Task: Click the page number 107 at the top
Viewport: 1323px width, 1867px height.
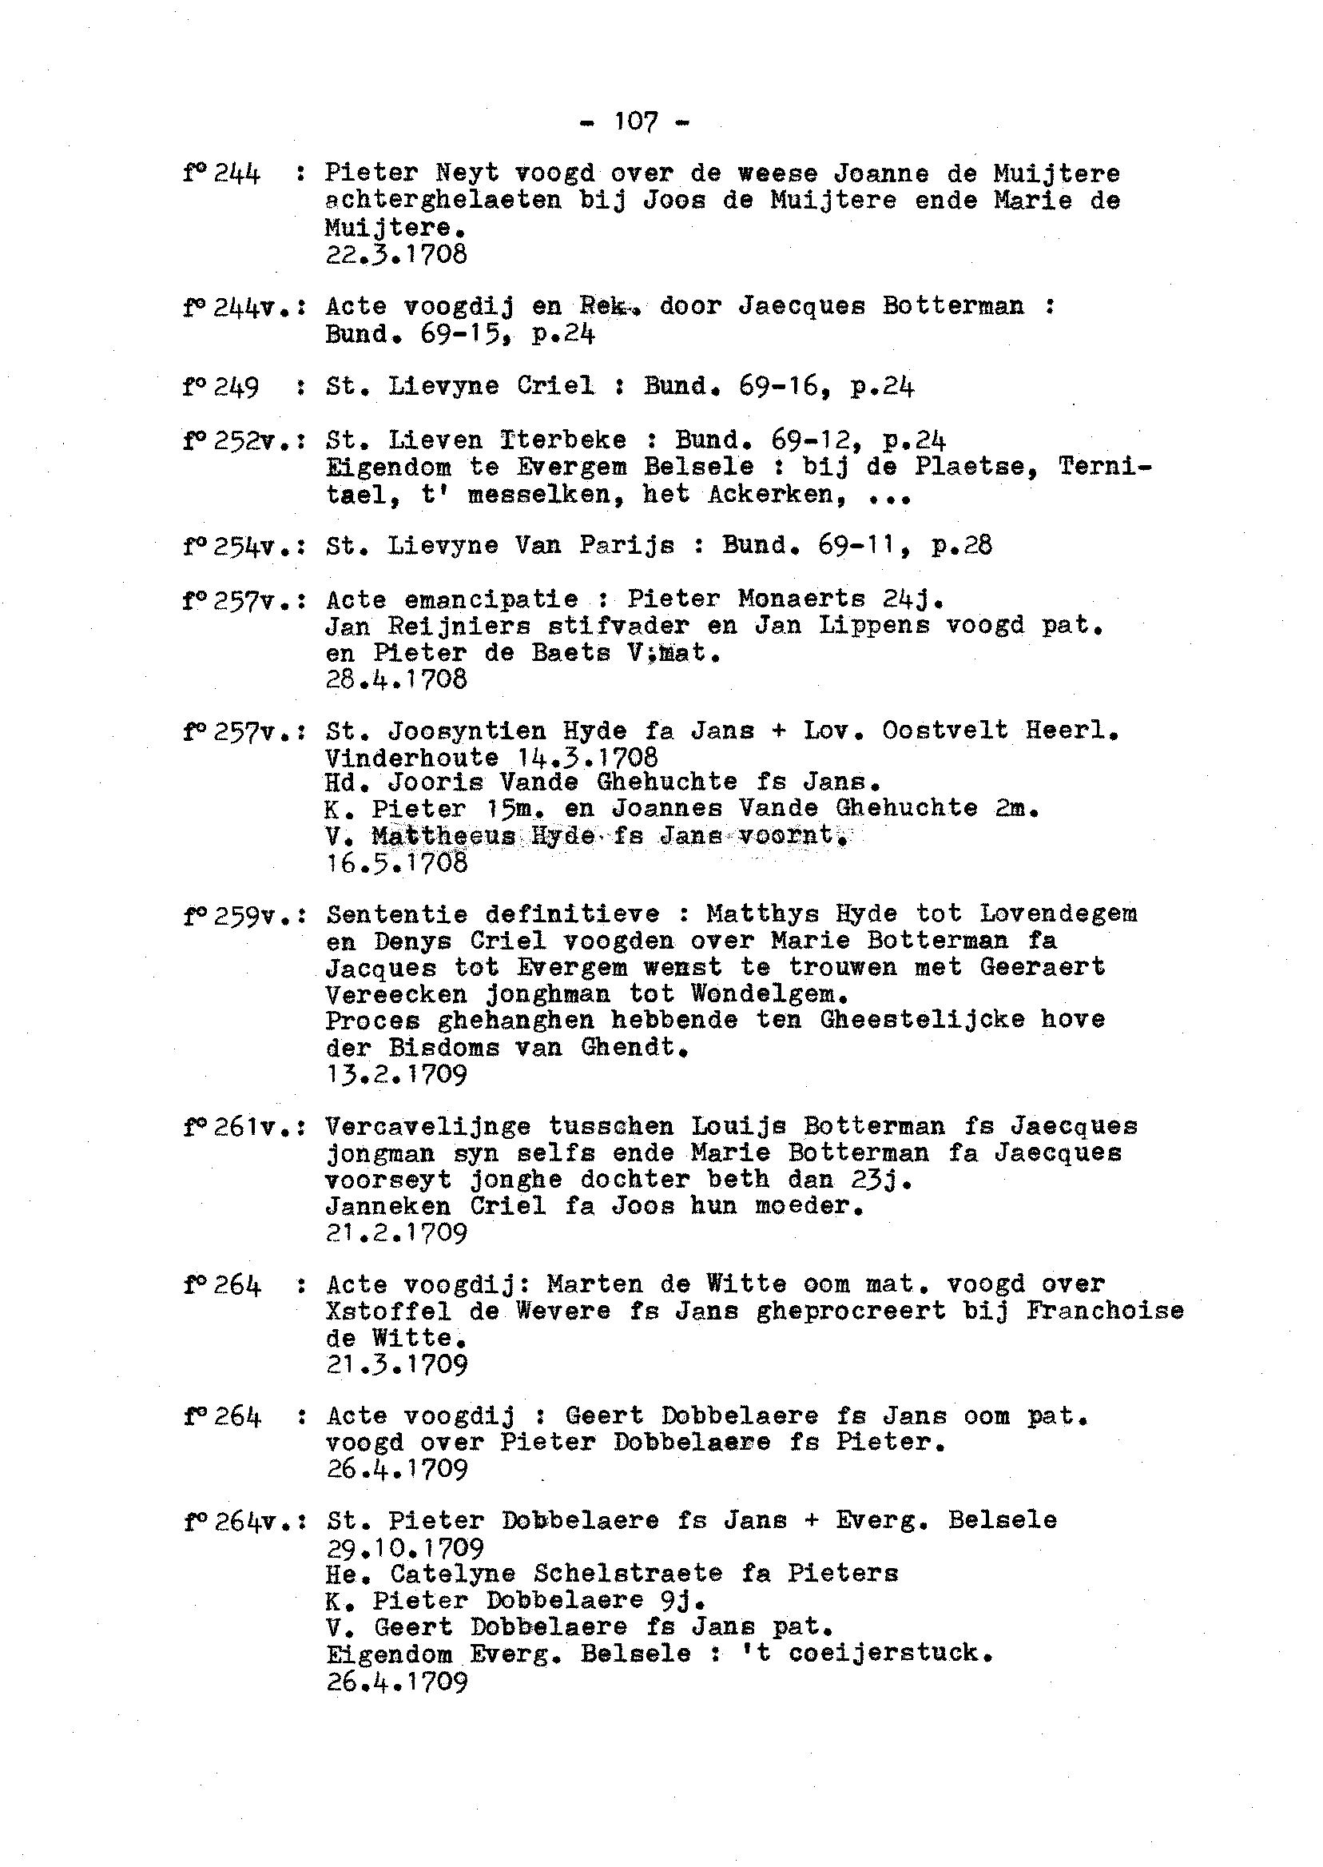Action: [x=635, y=122]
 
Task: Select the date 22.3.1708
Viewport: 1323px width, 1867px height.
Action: [x=397, y=255]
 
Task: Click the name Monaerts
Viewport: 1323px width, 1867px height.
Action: [x=802, y=599]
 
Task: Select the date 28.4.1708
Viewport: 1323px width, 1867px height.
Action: [x=397, y=679]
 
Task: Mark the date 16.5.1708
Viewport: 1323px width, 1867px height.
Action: [x=397, y=863]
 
